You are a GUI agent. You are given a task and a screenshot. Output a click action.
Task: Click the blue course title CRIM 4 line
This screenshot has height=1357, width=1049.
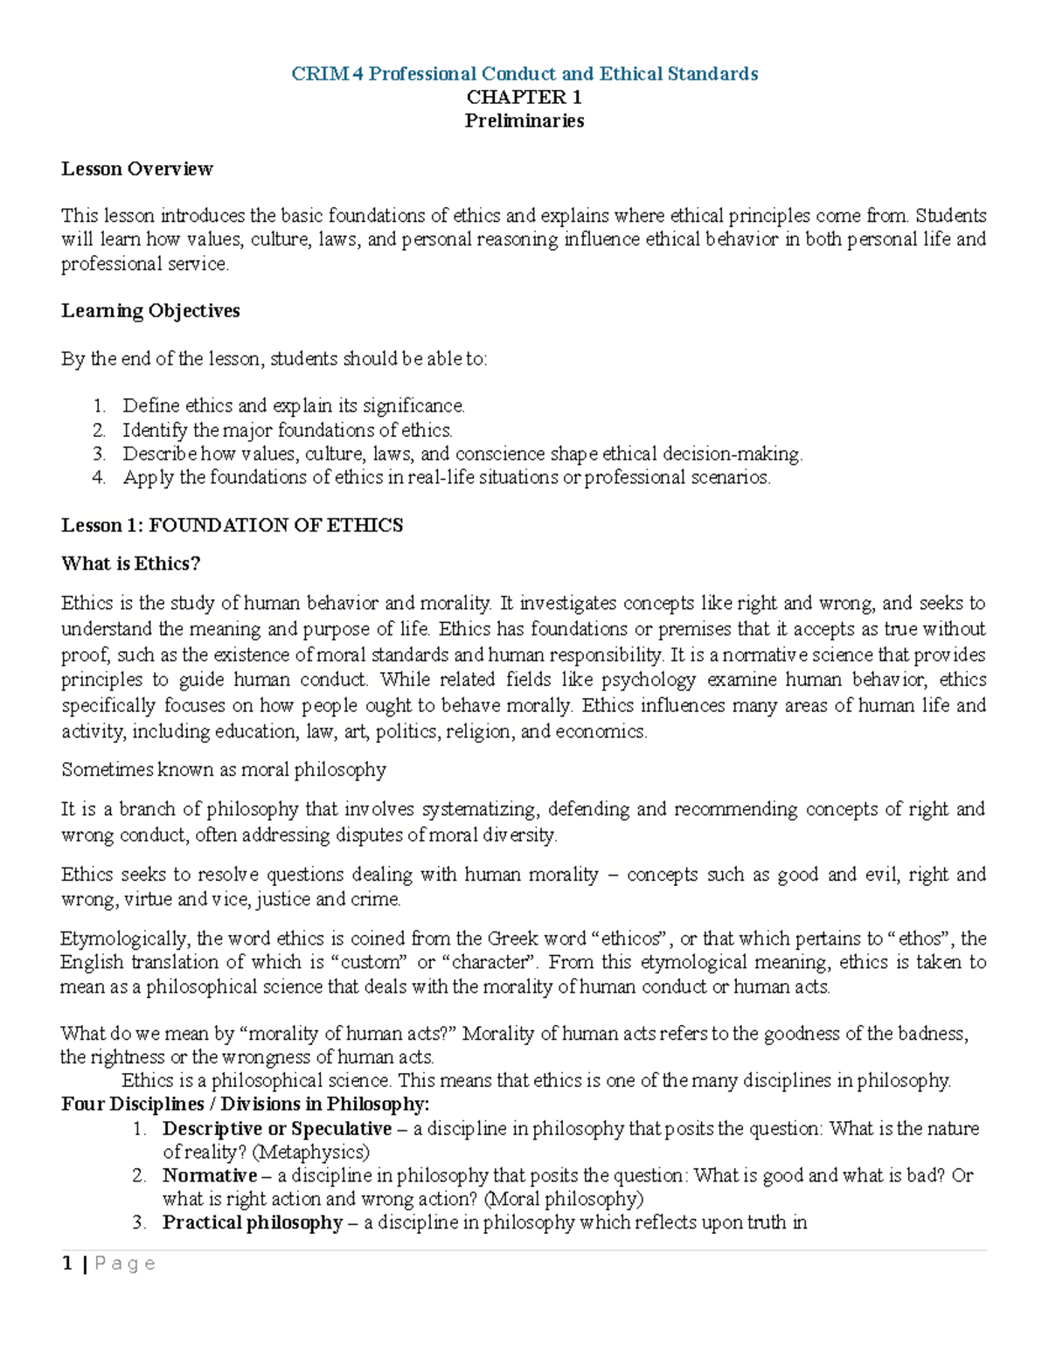point(524,73)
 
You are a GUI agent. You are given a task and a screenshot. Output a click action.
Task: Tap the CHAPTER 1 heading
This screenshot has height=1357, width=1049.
point(524,97)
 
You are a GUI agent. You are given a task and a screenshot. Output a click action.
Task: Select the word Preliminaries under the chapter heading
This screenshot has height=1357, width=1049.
point(524,121)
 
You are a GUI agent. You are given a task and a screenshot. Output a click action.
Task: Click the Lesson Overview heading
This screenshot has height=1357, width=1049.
point(137,169)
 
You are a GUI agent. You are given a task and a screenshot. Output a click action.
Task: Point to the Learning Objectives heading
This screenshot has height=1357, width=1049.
point(150,311)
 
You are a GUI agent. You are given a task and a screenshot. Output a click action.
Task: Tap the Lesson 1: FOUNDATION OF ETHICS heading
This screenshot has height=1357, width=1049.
point(232,525)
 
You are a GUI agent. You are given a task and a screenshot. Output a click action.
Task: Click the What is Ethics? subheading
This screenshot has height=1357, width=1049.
point(131,564)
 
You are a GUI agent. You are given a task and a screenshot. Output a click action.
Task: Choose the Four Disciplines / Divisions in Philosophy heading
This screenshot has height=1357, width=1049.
point(245,1104)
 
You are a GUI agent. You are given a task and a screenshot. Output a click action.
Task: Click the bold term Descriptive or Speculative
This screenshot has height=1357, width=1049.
point(277,1128)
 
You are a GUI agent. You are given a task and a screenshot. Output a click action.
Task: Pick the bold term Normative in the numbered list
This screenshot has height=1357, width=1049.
point(210,1175)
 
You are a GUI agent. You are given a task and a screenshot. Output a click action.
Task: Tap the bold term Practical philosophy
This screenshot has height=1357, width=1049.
point(253,1222)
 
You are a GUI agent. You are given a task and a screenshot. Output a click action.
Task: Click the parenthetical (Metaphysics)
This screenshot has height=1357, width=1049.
point(310,1152)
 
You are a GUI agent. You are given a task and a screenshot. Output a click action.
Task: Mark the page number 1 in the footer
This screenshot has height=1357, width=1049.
point(67,1264)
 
